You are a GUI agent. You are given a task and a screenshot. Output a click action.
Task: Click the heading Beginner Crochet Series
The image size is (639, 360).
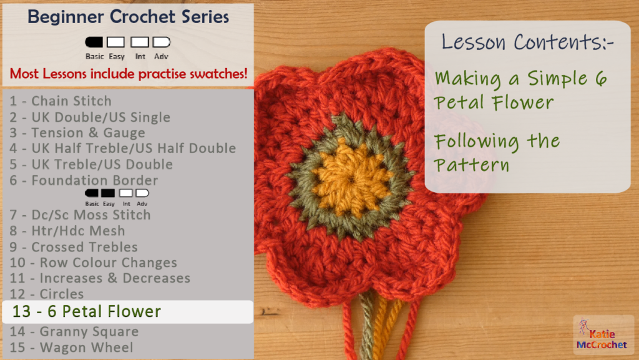pyautogui.click(x=128, y=17)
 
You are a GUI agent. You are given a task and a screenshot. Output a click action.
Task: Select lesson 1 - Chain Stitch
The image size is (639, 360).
pyautogui.click(x=61, y=101)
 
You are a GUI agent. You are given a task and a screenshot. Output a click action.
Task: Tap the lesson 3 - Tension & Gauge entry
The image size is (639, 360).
pyautogui.click(x=77, y=133)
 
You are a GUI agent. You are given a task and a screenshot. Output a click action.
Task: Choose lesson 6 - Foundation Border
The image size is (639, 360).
pyautogui.click(x=84, y=180)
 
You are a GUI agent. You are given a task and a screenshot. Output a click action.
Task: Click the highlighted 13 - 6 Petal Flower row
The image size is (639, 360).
pyautogui.click(x=128, y=312)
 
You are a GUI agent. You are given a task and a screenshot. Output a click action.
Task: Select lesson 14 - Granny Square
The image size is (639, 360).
pyautogui.click(x=74, y=332)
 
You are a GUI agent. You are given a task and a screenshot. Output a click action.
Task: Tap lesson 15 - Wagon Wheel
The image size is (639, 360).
pyautogui.click(x=71, y=348)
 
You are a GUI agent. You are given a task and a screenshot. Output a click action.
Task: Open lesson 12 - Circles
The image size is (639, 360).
pyautogui.click(x=47, y=294)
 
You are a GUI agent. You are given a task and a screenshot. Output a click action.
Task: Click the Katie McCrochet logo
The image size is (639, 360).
pyautogui.click(x=603, y=335)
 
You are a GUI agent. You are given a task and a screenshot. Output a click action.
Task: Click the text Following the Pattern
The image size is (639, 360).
pyautogui.click(x=497, y=153)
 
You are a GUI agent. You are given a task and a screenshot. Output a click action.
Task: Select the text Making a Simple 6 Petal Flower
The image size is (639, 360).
pyautogui.click(x=521, y=90)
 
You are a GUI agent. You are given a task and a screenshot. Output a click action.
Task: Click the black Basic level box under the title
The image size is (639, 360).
pyautogui.click(x=94, y=42)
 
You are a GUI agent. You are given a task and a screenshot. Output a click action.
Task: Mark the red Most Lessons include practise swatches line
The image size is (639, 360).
pyautogui.click(x=129, y=74)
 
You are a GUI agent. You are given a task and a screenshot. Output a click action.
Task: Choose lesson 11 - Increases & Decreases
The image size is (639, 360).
pyautogui.click(x=100, y=278)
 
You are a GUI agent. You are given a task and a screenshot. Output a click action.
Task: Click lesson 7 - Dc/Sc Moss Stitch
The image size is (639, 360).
pyautogui.click(x=80, y=215)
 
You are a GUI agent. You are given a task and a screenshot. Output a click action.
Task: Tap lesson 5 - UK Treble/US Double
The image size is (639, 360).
pyautogui.click(x=91, y=165)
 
